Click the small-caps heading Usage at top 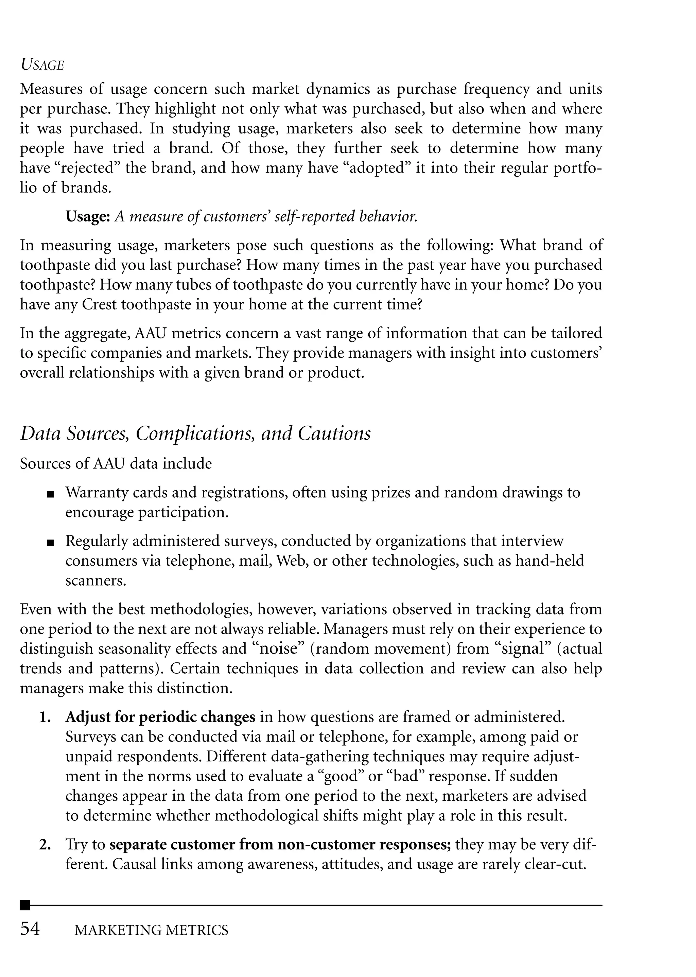[42, 65]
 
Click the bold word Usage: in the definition [88, 217]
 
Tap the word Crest [100, 304]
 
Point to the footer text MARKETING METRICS [151, 930]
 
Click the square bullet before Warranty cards [51, 494]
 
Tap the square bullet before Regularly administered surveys [51, 543]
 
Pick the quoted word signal [525, 649]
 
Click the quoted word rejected [89, 168]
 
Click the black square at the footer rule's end [25, 905]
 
